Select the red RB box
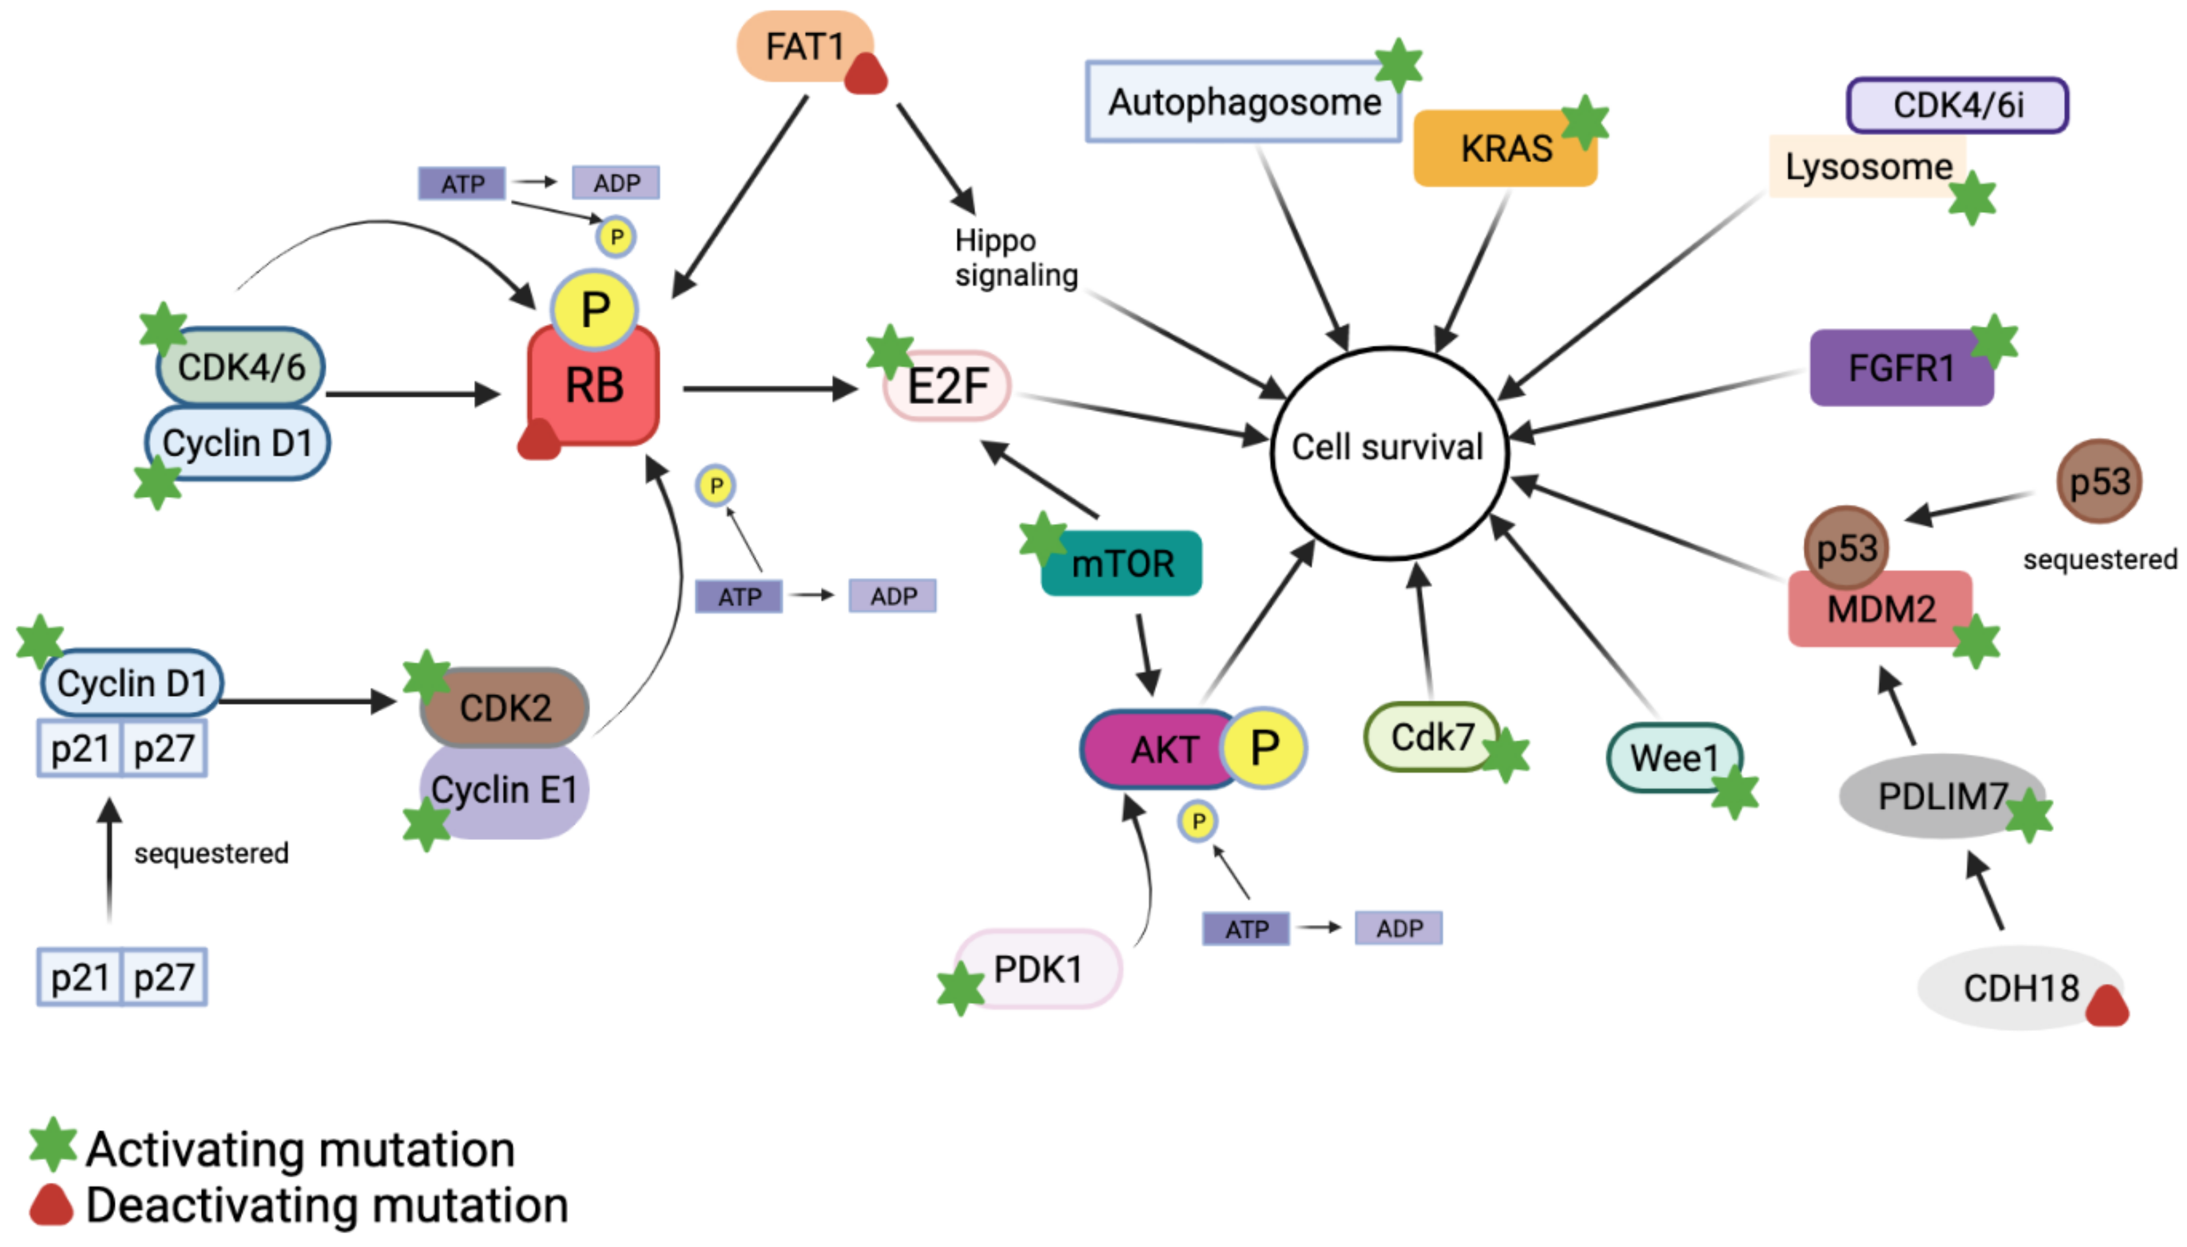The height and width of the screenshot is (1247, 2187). tap(593, 386)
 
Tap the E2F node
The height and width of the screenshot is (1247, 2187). tap(947, 386)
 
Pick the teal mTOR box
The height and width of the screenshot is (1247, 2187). tap(1121, 563)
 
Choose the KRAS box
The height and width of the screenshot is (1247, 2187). tap(1504, 148)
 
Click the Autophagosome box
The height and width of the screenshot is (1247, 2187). tap(1243, 101)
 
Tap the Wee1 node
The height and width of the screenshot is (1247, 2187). tap(1674, 757)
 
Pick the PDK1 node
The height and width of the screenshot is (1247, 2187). tap(1037, 968)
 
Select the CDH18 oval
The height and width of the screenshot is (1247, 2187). tap(2020, 987)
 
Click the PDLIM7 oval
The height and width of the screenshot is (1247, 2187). tap(1941, 795)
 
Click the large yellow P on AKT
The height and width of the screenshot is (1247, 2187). tap(1264, 748)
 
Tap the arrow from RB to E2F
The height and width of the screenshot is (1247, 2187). tap(770, 389)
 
